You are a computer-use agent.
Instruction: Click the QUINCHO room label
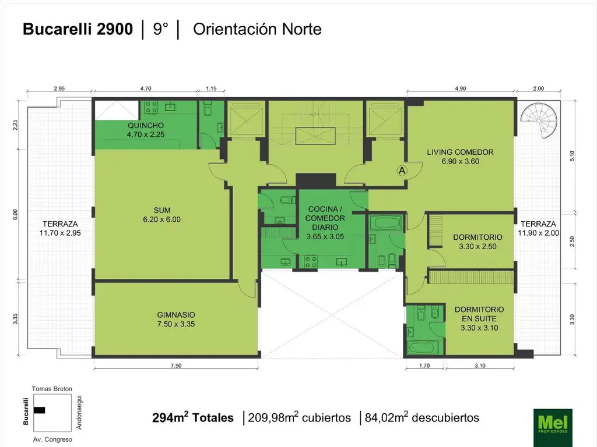[x=146, y=126]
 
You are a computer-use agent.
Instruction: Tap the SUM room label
[x=162, y=210]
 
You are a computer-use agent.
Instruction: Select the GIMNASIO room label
[x=176, y=315]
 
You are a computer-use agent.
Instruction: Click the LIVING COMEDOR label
[x=460, y=152]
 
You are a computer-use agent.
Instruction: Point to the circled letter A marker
[x=402, y=171]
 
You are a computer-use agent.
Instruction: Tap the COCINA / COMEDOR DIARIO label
[x=325, y=218]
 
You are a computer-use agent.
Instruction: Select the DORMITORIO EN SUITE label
[x=479, y=314]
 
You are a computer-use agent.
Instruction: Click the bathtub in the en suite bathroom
[x=423, y=347]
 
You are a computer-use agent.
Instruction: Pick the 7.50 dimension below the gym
[x=176, y=366]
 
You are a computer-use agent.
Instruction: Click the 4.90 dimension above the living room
[x=461, y=88]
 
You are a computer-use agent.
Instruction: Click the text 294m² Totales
[x=192, y=418]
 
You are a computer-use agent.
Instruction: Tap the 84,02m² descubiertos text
[x=422, y=418]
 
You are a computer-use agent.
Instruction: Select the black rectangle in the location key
[x=39, y=410]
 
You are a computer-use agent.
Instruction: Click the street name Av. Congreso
[x=52, y=440]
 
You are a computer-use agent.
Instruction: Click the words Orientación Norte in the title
[x=257, y=29]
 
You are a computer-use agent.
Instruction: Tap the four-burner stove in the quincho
[x=151, y=108]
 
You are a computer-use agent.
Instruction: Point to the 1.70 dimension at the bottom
[x=424, y=366]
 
